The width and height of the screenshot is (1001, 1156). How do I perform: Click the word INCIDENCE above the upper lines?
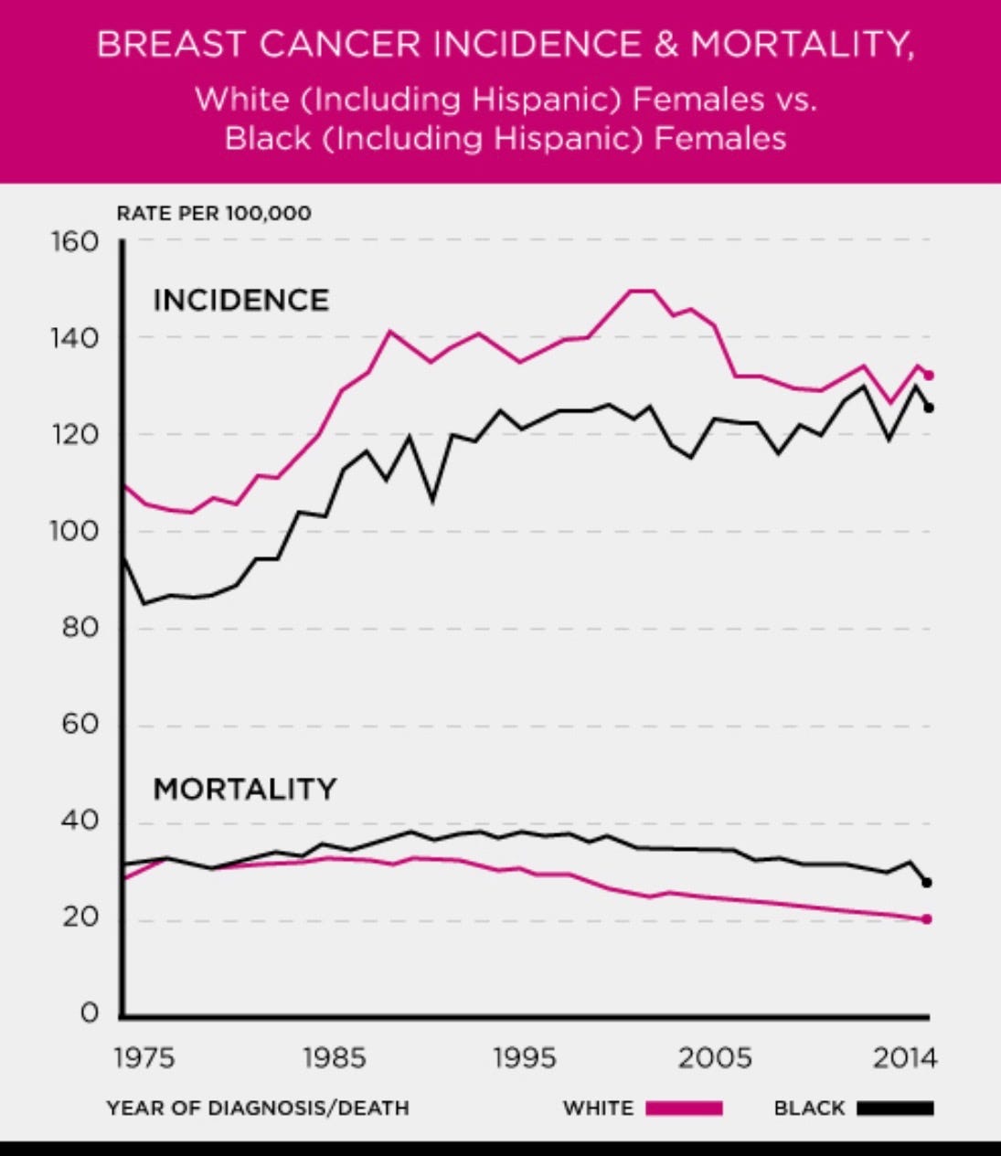(x=240, y=301)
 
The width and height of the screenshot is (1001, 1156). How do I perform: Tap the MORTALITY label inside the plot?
(x=244, y=789)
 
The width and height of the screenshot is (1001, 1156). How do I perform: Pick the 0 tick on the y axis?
(x=89, y=1013)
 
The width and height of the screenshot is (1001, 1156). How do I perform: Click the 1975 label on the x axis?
(x=144, y=1059)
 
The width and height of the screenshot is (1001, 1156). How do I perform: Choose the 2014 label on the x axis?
(x=905, y=1059)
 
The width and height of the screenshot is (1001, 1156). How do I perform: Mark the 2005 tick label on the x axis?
(x=715, y=1059)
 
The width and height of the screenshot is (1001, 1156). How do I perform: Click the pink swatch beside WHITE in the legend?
(x=684, y=1108)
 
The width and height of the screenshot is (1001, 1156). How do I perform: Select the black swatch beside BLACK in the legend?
(x=895, y=1108)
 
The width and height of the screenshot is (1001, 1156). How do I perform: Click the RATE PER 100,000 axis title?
(x=214, y=214)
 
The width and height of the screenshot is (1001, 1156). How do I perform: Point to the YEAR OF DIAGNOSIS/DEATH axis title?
(x=258, y=1108)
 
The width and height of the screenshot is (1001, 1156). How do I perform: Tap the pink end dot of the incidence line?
(x=929, y=375)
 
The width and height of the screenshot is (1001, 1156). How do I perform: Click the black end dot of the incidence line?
(x=929, y=408)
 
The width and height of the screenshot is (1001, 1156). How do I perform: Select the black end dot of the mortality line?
(x=927, y=882)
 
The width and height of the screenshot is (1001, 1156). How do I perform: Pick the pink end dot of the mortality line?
(x=927, y=918)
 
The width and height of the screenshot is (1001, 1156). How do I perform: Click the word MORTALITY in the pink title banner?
(x=801, y=45)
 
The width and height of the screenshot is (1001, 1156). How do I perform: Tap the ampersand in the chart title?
(x=666, y=45)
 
